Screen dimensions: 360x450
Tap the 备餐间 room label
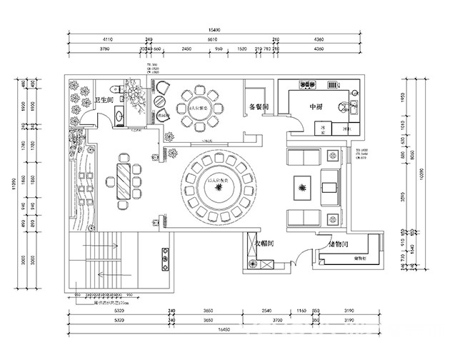[258, 107]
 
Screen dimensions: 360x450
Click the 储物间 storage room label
[339, 244]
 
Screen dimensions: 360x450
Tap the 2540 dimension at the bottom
[266, 312]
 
